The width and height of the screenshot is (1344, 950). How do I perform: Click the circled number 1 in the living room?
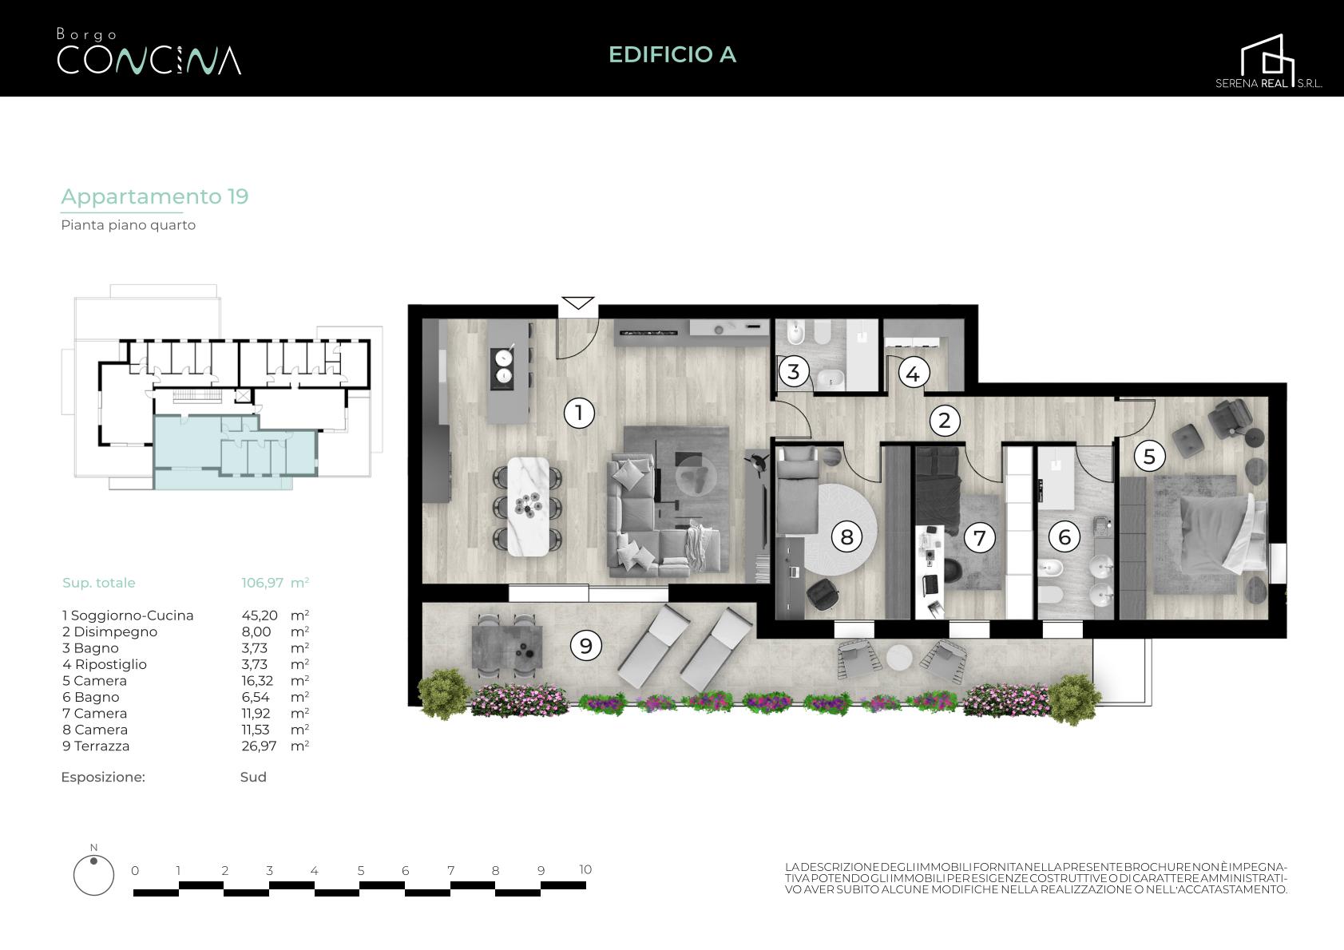tap(579, 413)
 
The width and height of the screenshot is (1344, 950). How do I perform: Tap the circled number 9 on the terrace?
tap(585, 645)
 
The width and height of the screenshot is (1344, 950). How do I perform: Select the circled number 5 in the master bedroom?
tap(1149, 457)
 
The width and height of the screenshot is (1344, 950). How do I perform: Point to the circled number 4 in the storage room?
tap(914, 374)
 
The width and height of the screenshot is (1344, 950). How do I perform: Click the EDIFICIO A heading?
tap(672, 54)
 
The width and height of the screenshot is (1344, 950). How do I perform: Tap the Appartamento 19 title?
tap(155, 196)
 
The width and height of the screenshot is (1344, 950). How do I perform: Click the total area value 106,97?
tap(262, 582)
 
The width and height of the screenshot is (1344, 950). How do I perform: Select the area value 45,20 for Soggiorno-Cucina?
tap(260, 616)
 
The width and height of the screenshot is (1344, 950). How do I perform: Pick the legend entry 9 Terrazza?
tap(96, 746)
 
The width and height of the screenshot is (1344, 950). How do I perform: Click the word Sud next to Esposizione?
tap(253, 777)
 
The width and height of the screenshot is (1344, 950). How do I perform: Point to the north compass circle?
tap(93, 875)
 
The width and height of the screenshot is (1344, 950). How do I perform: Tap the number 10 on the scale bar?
tap(585, 869)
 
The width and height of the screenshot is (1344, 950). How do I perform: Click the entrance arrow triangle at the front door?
tap(578, 303)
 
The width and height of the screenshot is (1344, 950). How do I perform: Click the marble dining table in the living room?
tap(528, 507)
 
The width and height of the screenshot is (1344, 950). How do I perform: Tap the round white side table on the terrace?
tap(899, 657)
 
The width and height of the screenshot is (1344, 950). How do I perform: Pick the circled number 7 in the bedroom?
tap(979, 537)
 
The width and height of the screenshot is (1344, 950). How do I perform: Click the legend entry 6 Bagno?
tap(90, 697)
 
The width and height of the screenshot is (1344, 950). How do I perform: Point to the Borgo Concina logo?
tap(149, 52)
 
